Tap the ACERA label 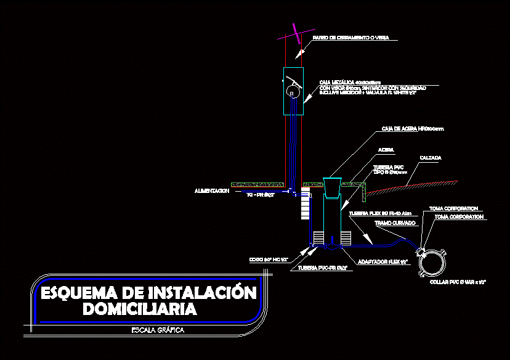(x=386, y=150)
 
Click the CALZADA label (x=431, y=158)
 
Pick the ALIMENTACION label (x=211, y=191)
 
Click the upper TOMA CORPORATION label (x=453, y=208)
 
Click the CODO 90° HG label (x=269, y=260)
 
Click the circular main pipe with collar (x=433, y=261)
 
